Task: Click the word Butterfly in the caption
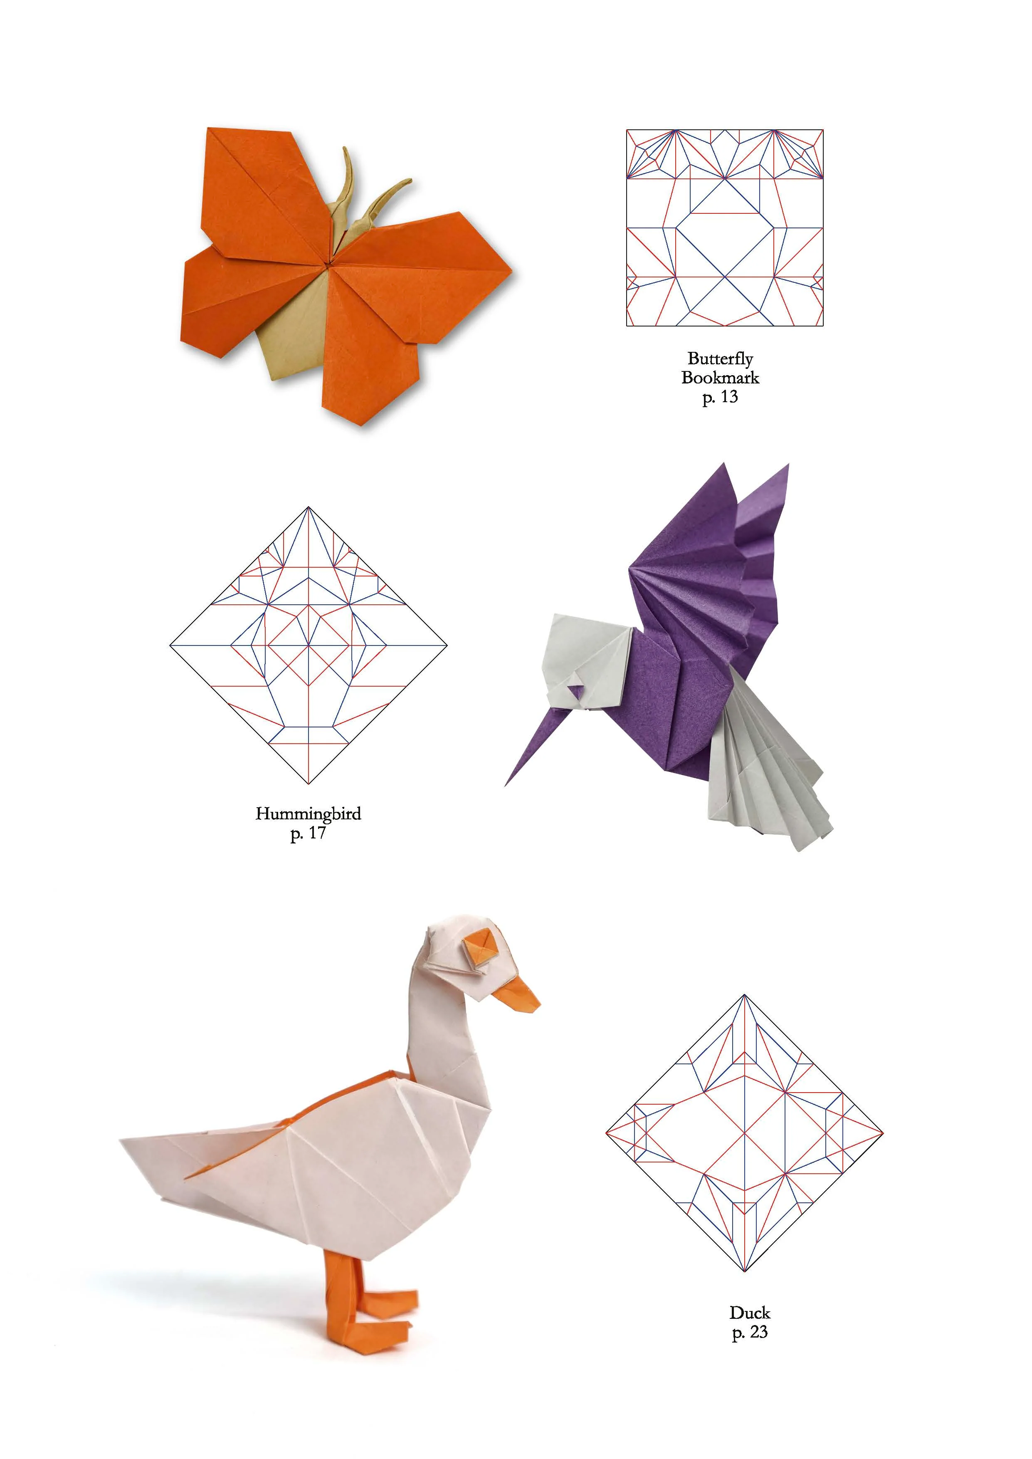click(x=720, y=359)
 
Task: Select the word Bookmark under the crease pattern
click(x=720, y=378)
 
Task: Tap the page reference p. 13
click(x=720, y=397)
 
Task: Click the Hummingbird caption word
click(x=308, y=814)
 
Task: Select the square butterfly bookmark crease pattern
click(x=724, y=228)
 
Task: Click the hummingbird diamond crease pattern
click(x=308, y=645)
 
